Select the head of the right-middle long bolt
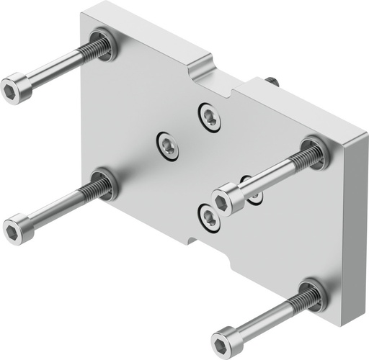pyautogui.click(x=226, y=198)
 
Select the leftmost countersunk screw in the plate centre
pyautogui.click(x=169, y=144)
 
